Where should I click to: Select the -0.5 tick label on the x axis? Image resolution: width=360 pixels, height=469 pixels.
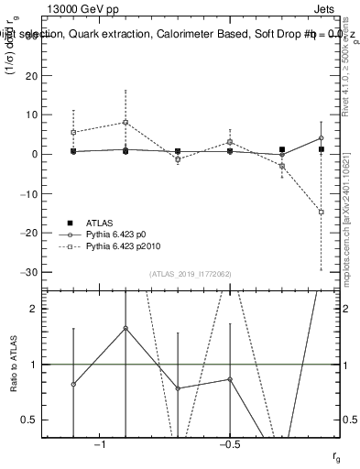pos(228,445)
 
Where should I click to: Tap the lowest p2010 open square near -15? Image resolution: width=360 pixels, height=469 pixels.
pos(321,212)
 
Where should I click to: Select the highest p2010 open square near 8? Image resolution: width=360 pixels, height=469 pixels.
pos(125,123)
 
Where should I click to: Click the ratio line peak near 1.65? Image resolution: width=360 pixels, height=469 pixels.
pos(125,328)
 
